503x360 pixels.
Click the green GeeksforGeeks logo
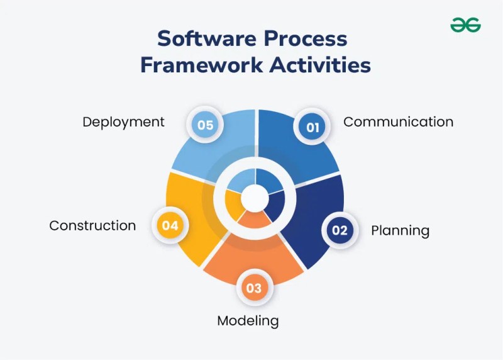(465, 25)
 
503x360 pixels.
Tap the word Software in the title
(207, 39)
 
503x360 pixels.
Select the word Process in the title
(306, 39)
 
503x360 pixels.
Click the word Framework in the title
(202, 65)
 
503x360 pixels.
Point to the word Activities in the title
(320, 65)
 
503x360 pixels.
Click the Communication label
(399, 122)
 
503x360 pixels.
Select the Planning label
(400, 231)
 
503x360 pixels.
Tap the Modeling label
(248, 321)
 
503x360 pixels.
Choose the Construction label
(92, 225)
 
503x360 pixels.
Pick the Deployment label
(123, 122)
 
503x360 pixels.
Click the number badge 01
(312, 127)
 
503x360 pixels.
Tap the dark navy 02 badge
(340, 230)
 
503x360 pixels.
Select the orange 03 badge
(255, 288)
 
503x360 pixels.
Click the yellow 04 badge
(170, 225)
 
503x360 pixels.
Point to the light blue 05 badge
(206, 125)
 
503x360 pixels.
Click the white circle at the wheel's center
(255, 198)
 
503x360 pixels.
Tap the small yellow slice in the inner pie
(233, 205)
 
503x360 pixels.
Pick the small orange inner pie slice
(255, 220)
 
